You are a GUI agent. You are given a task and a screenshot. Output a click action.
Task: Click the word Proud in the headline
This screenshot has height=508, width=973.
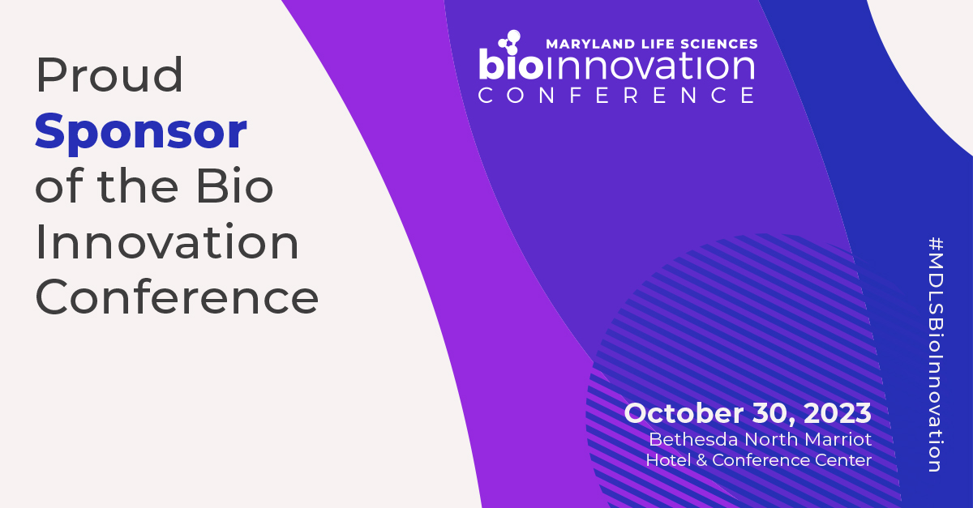[109, 75]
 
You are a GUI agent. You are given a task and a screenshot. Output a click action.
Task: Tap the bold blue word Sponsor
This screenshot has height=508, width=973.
[141, 133]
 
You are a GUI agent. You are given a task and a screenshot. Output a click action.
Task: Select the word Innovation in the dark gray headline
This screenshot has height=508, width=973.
[167, 241]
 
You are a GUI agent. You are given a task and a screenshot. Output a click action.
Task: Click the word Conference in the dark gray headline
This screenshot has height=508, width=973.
[178, 297]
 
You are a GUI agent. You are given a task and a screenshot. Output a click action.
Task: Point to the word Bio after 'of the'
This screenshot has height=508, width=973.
[235, 186]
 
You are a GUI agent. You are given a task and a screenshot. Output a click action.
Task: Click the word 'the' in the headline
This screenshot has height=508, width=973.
[138, 186]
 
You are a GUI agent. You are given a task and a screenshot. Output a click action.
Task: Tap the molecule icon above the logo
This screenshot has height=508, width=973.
[509, 42]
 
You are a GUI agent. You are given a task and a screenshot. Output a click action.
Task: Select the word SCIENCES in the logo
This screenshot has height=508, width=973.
[719, 44]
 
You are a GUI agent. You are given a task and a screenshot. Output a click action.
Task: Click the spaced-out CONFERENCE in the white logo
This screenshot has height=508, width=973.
[617, 96]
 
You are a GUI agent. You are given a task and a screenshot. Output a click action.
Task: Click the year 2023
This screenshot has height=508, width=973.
[838, 413]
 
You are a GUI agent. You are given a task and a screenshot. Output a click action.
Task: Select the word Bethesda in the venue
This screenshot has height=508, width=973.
[694, 439]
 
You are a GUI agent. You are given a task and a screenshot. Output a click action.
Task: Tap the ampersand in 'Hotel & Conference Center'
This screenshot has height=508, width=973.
[701, 460]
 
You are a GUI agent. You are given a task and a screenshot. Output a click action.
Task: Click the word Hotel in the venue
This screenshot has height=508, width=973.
[668, 460]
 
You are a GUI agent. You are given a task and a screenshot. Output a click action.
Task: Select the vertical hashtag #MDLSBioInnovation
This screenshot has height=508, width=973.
[935, 355]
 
